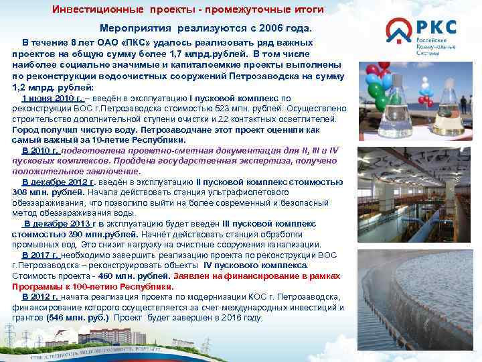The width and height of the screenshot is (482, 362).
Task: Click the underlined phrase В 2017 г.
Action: tap(42, 255)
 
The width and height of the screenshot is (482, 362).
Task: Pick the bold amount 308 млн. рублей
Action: tap(40, 192)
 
